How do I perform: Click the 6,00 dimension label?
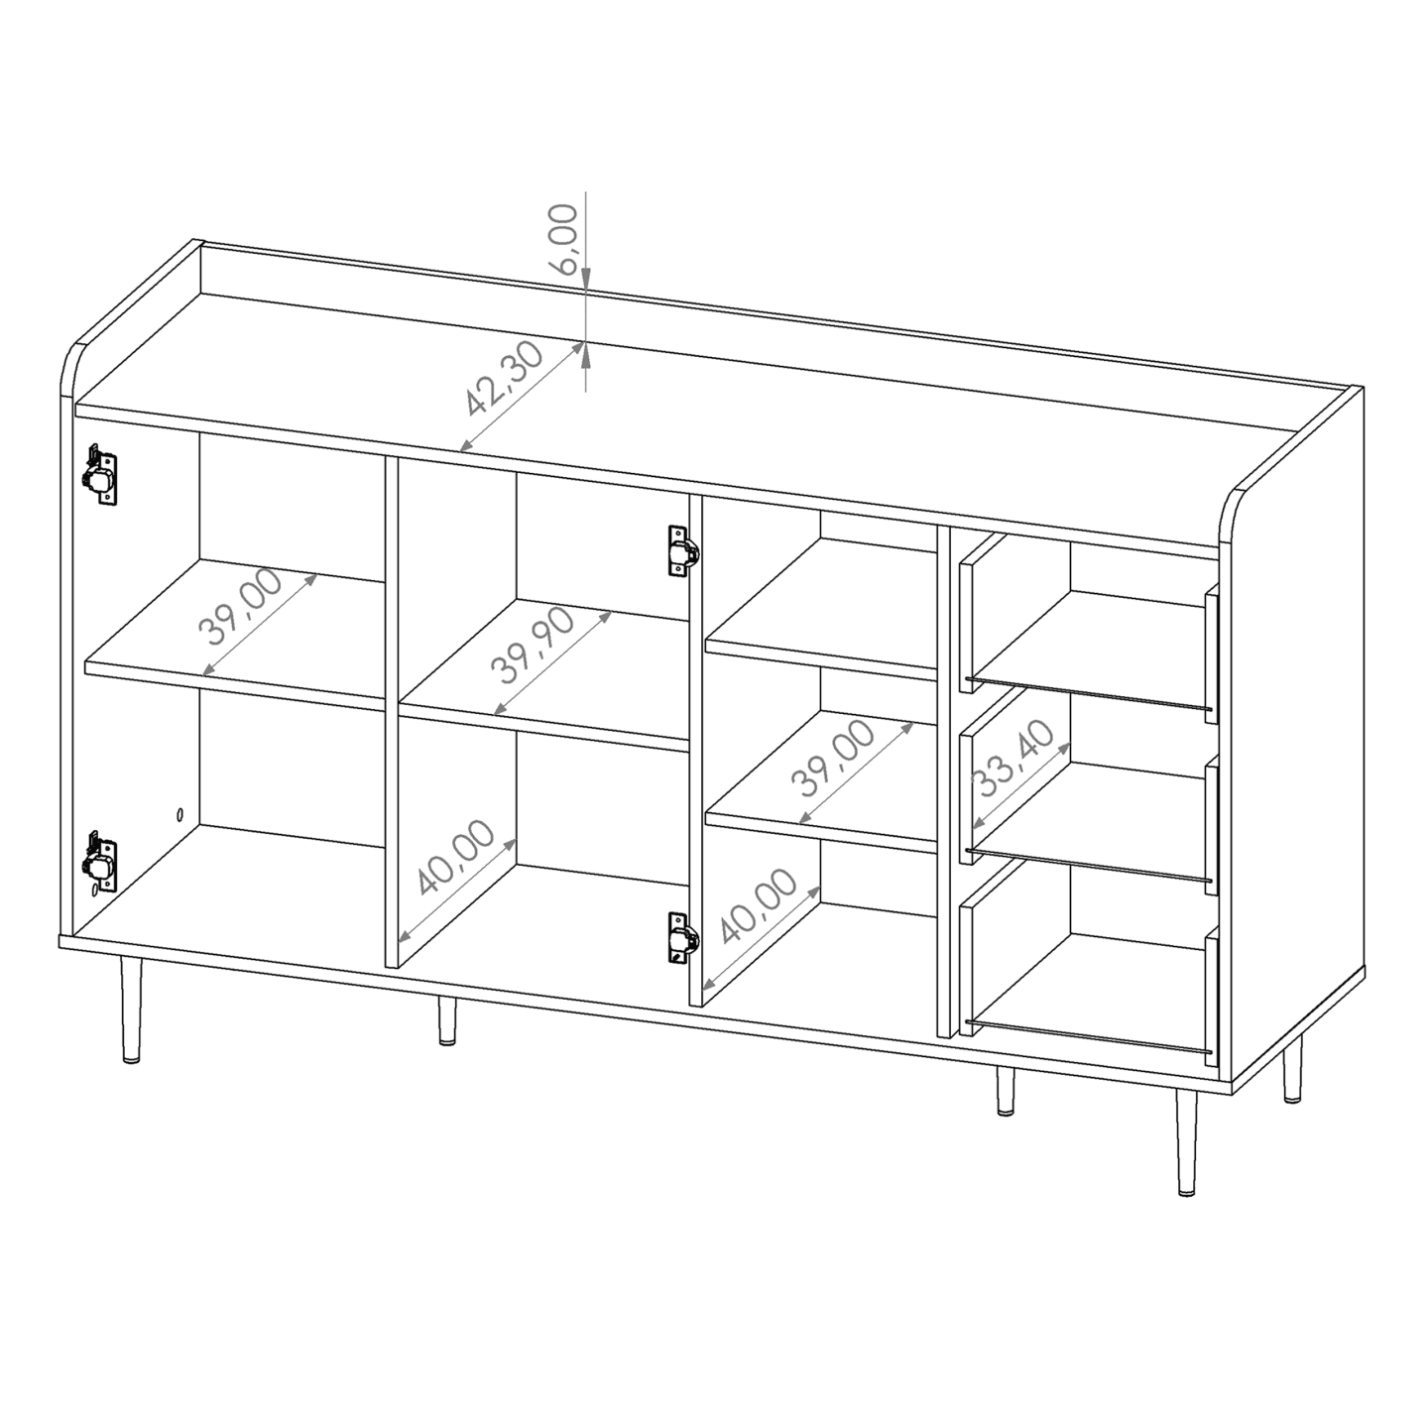pyautogui.click(x=563, y=239)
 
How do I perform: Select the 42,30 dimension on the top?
pyautogui.click(x=504, y=380)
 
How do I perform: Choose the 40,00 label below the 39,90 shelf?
pyautogui.click(x=456, y=859)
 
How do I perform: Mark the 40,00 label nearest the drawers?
pyautogui.click(x=760, y=905)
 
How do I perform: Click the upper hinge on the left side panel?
pyautogui.click(x=99, y=475)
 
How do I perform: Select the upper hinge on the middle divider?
pyautogui.click(x=681, y=551)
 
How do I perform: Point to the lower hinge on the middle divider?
pyautogui.click(x=681, y=938)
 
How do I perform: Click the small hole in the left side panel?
pyautogui.click(x=179, y=814)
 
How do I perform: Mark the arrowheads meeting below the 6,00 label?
pyautogui.click(x=586, y=343)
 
